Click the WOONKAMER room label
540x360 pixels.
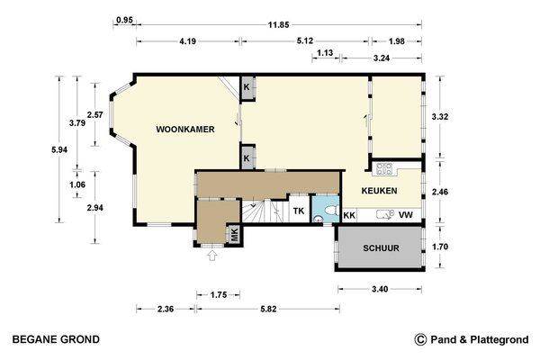coord(185,130)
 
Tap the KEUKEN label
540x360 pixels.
coord(379,191)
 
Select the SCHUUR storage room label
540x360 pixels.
coord(382,248)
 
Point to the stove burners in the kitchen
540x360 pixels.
coord(384,169)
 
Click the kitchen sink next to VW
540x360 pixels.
coord(385,214)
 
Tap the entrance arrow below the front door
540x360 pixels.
coord(212,256)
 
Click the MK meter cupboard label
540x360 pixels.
coord(234,235)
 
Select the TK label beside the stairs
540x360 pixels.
coord(299,211)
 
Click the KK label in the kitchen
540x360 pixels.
coord(349,215)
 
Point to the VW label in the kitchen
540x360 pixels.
coord(406,215)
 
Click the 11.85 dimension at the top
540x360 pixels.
coord(279,25)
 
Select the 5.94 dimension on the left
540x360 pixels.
coord(59,150)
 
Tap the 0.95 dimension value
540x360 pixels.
coord(124,20)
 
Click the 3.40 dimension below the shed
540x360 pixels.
coord(380,289)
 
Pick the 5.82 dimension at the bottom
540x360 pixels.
coord(268,309)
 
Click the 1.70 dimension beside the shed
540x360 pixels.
coord(440,247)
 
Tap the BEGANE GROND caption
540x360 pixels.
coord(56,339)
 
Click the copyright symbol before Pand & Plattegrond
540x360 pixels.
coord(420,339)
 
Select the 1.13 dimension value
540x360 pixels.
coord(325,53)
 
